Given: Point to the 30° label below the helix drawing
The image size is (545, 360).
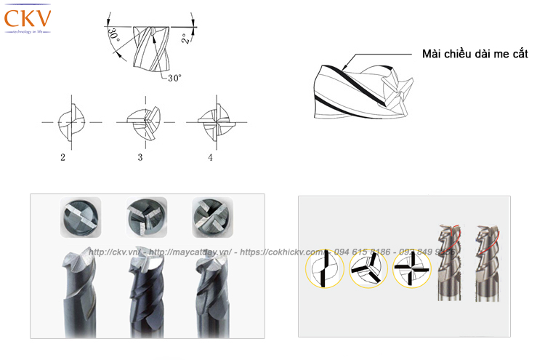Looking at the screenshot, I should point(174,78).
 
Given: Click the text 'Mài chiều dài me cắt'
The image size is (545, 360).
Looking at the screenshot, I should point(475,55).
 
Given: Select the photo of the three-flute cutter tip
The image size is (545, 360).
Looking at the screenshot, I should point(146,215).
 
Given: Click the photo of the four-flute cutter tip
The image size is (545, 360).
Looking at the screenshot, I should point(211,216).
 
